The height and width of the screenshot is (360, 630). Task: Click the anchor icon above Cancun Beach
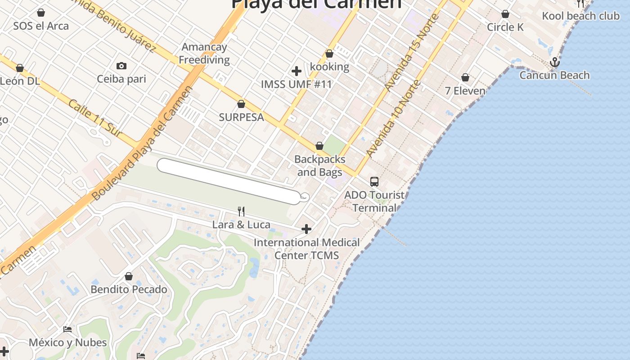[554, 62]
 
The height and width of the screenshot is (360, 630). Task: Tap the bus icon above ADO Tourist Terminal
[374, 182]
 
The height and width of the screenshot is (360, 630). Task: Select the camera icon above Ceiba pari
[121, 66]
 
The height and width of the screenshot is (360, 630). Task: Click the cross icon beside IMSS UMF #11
[297, 71]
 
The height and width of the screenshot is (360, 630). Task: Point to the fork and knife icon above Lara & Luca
[241, 211]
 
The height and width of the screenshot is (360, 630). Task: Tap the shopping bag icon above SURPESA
[241, 104]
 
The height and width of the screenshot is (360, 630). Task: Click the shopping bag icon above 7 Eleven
[465, 78]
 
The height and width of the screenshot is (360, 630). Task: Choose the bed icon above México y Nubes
[67, 329]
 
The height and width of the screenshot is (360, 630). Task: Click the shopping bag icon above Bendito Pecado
[129, 276]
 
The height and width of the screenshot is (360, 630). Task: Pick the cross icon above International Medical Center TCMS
[306, 229]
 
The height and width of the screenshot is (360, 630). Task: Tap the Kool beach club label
[580, 16]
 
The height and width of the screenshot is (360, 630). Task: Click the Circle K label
[505, 27]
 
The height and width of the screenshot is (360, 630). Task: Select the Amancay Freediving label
[204, 54]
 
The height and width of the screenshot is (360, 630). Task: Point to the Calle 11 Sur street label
[95, 117]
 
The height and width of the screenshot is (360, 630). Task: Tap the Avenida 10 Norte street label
[394, 119]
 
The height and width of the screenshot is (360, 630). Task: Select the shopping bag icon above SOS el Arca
[41, 13]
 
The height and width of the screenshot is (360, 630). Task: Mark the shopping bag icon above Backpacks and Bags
[319, 146]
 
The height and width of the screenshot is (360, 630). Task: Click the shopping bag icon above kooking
[329, 54]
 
